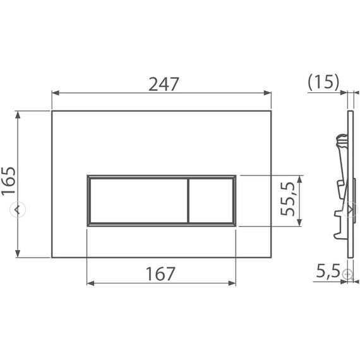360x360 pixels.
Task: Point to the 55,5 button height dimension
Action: coord(289,200)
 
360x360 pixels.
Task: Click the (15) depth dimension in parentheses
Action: coord(323,81)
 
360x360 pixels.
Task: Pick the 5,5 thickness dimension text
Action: coord(328,272)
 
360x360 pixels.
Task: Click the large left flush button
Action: coord(137,200)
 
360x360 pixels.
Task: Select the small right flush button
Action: coord(211,200)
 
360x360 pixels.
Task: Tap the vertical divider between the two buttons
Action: coord(188,200)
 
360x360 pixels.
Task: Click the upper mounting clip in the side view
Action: coord(341,141)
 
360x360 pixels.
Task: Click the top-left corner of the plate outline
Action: coord(52,111)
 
